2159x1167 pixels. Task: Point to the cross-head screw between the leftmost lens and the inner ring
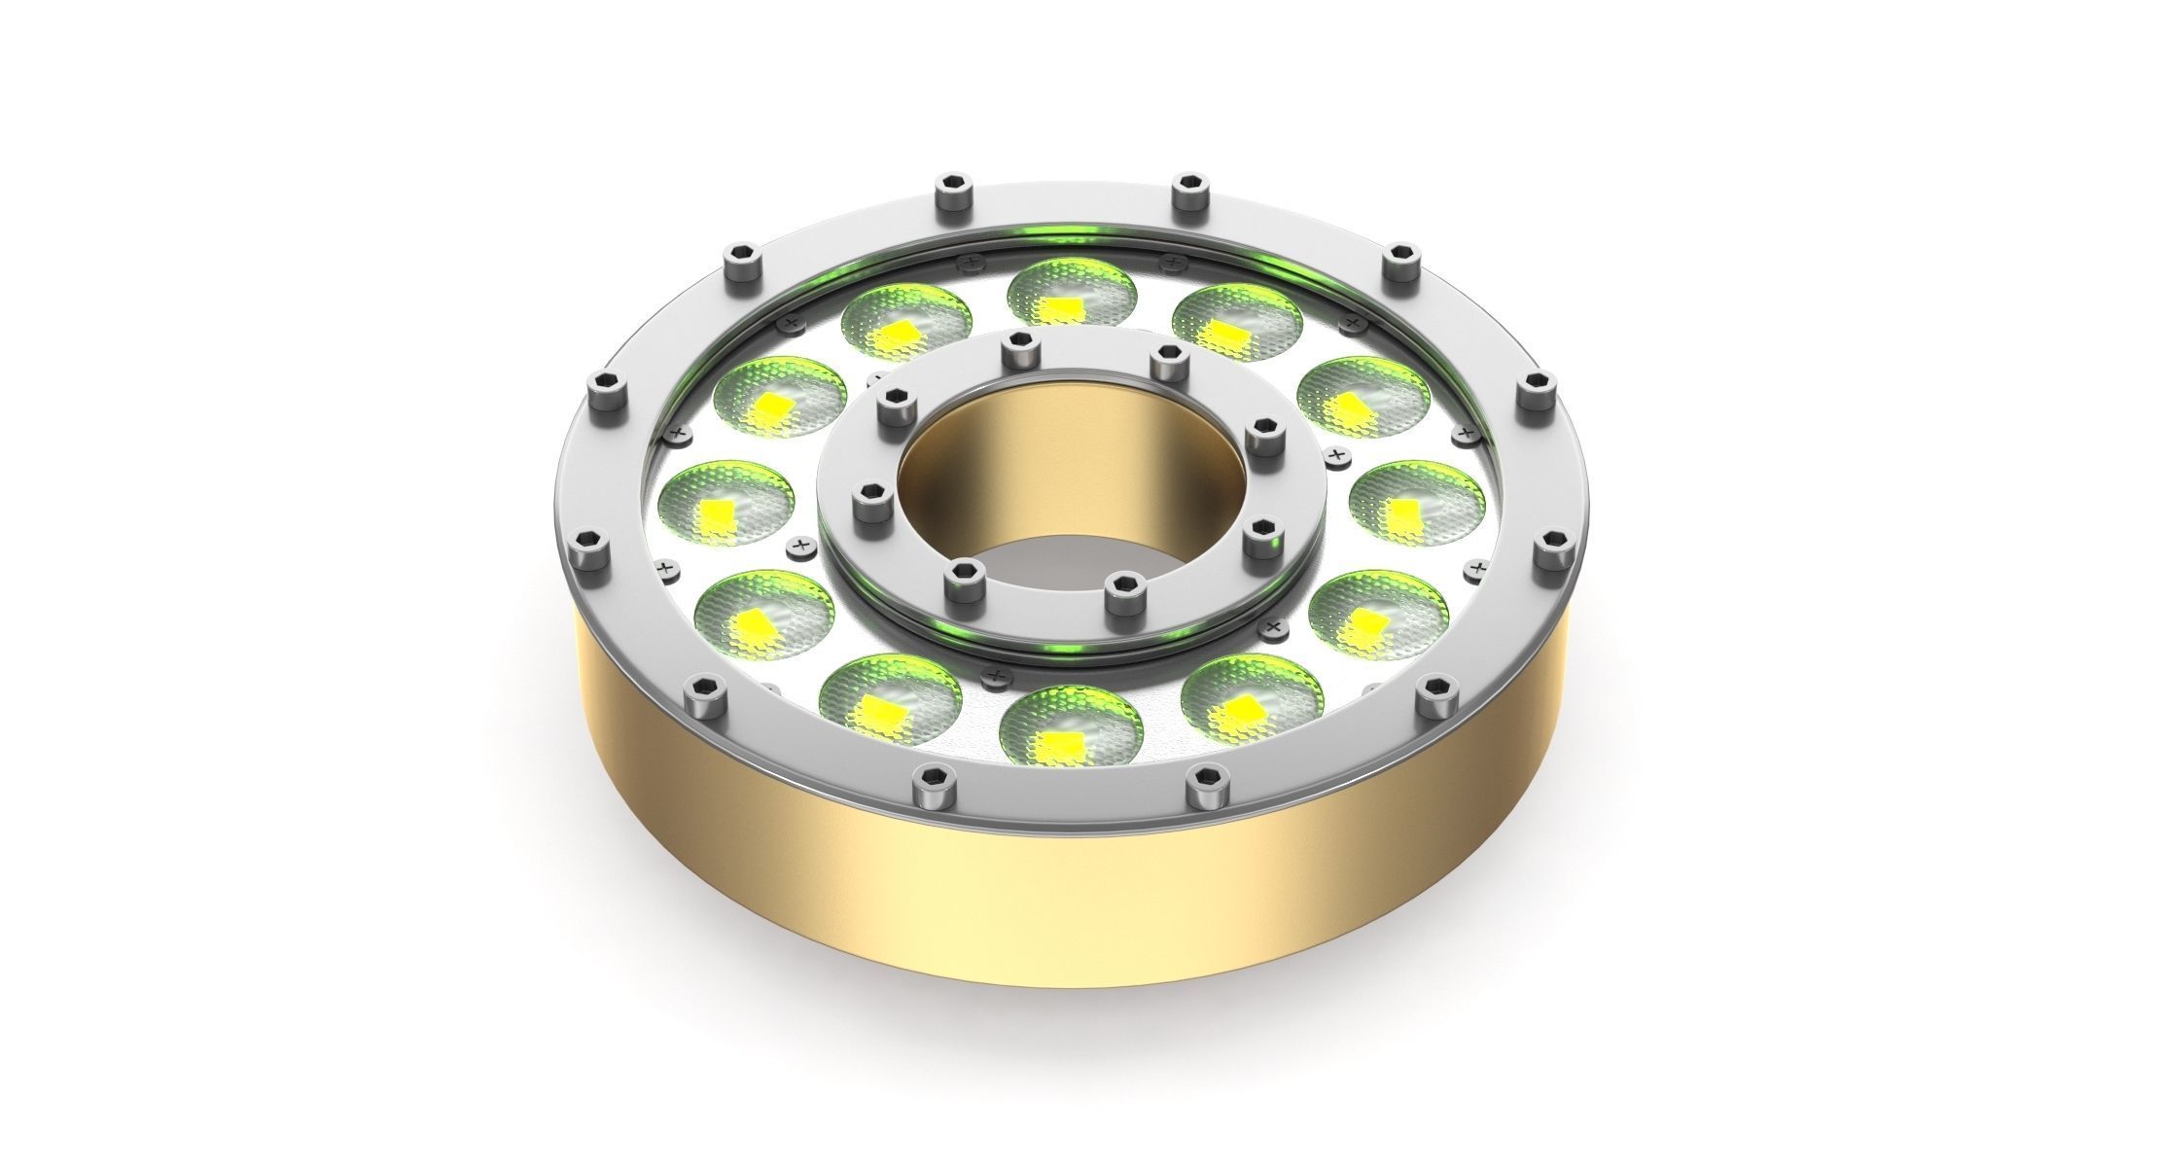pos(801,547)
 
